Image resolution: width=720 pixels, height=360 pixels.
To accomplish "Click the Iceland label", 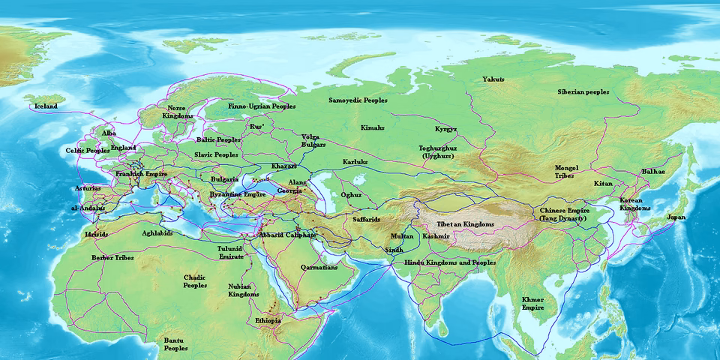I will [44, 106].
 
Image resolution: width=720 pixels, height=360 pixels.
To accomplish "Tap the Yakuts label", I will [493, 79].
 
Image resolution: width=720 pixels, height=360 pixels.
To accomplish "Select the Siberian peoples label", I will [583, 91].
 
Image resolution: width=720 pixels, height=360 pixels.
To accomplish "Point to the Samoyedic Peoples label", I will [358, 99].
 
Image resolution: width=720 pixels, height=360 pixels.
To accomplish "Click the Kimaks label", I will [372, 127].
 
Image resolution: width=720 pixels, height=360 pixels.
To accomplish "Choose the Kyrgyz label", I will [445, 129].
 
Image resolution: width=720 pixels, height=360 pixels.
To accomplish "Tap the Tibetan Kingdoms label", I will [465, 224].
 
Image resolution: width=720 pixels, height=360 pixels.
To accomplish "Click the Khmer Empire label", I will [532, 303].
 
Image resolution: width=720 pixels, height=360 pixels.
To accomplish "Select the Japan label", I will [676, 217].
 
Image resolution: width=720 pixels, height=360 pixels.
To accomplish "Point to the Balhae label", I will [653, 171].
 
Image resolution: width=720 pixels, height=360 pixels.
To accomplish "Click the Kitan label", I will [603, 183].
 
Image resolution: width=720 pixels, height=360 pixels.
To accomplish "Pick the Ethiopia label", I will [268, 320].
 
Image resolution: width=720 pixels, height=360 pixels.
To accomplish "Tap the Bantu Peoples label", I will [175, 344].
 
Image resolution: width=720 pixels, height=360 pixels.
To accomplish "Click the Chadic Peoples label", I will [195, 281].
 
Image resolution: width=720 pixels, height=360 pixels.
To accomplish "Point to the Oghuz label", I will [351, 195].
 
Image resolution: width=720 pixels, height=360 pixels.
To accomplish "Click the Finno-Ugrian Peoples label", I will [262, 106].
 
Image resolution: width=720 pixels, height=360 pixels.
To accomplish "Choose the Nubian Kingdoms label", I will [244, 290].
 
